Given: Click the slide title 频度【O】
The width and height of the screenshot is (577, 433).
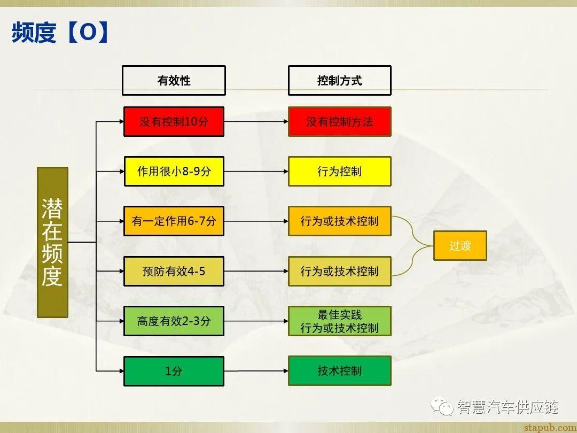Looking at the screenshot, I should pyautogui.click(x=61, y=33).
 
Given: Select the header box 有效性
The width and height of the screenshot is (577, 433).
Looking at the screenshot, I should pyautogui.click(x=174, y=81).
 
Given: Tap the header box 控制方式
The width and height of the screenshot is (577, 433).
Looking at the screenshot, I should pyautogui.click(x=339, y=81).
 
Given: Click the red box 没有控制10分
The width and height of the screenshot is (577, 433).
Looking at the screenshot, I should pyautogui.click(x=174, y=122).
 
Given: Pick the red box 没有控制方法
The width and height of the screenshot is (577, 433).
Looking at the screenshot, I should pyautogui.click(x=339, y=122).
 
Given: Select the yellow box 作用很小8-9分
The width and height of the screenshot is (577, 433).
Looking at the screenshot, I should pyautogui.click(x=174, y=172).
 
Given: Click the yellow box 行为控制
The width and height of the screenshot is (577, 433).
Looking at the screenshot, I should pyautogui.click(x=339, y=172).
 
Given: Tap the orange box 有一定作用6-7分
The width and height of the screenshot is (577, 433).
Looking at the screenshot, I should pyautogui.click(x=174, y=221).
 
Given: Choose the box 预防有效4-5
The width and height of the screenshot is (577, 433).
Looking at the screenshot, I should pyautogui.click(x=174, y=271).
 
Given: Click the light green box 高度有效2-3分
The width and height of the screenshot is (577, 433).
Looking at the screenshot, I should pyautogui.click(x=174, y=321).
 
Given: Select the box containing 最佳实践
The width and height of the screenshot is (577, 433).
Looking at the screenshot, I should pyautogui.click(x=339, y=321).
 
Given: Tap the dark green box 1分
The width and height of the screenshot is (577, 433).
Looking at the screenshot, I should pyautogui.click(x=174, y=370).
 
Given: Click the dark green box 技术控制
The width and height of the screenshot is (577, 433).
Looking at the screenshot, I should pyautogui.click(x=339, y=370).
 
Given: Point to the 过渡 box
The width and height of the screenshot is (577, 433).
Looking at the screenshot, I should pyautogui.click(x=459, y=246).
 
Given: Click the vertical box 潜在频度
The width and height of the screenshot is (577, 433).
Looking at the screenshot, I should pyautogui.click(x=52, y=242).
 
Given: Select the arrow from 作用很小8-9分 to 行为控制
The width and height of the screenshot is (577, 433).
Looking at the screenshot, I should pyautogui.click(x=256, y=172).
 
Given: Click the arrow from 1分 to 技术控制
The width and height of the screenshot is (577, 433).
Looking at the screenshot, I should pyautogui.click(x=256, y=370).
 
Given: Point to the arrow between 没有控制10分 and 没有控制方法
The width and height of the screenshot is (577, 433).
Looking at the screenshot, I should pyautogui.click(x=256, y=122).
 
